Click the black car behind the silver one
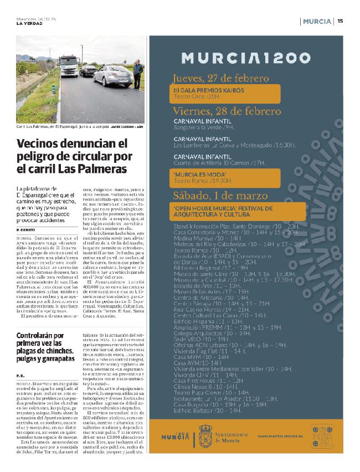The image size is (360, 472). [89, 71]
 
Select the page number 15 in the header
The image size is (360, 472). [340, 22]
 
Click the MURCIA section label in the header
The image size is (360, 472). [317, 22]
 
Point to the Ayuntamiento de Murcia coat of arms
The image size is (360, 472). [205, 433]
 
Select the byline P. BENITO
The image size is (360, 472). [26, 229]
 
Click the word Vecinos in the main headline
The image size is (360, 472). [37, 145]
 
